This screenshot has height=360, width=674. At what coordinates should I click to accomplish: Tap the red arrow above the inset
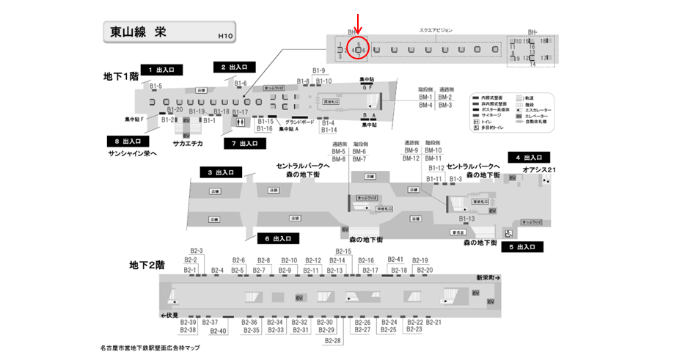[x=358, y=21]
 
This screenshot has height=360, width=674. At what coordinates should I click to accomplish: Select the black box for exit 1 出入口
[x=160, y=69]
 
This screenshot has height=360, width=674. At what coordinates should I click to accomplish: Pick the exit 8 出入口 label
[x=128, y=141]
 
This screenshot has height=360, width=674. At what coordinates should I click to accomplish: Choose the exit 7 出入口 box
[x=244, y=143]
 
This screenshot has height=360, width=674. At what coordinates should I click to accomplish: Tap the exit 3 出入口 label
[x=221, y=172]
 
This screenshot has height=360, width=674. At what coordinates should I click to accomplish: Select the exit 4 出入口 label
[x=529, y=158]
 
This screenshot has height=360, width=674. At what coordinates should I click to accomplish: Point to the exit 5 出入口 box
[x=522, y=247]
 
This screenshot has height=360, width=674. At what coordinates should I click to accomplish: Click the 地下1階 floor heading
[x=121, y=76]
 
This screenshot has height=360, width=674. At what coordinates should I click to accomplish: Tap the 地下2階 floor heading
[x=147, y=264]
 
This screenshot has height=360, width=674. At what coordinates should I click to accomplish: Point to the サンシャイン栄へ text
[x=133, y=153]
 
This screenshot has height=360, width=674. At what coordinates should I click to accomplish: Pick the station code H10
[x=225, y=35]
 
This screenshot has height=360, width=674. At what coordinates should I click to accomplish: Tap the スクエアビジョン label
[x=436, y=30]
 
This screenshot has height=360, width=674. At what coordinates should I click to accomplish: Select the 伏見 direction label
[x=169, y=315]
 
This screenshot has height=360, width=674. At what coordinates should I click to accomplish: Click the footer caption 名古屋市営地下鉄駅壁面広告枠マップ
[x=150, y=348]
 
